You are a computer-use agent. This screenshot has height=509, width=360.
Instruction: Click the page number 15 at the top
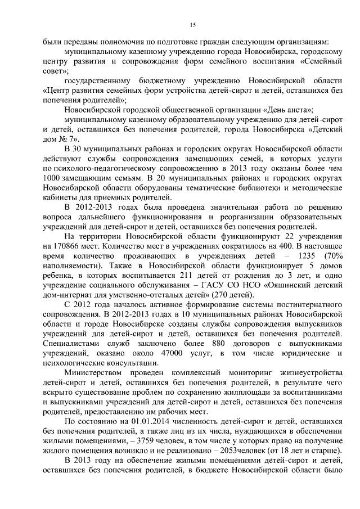coord(192,25)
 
